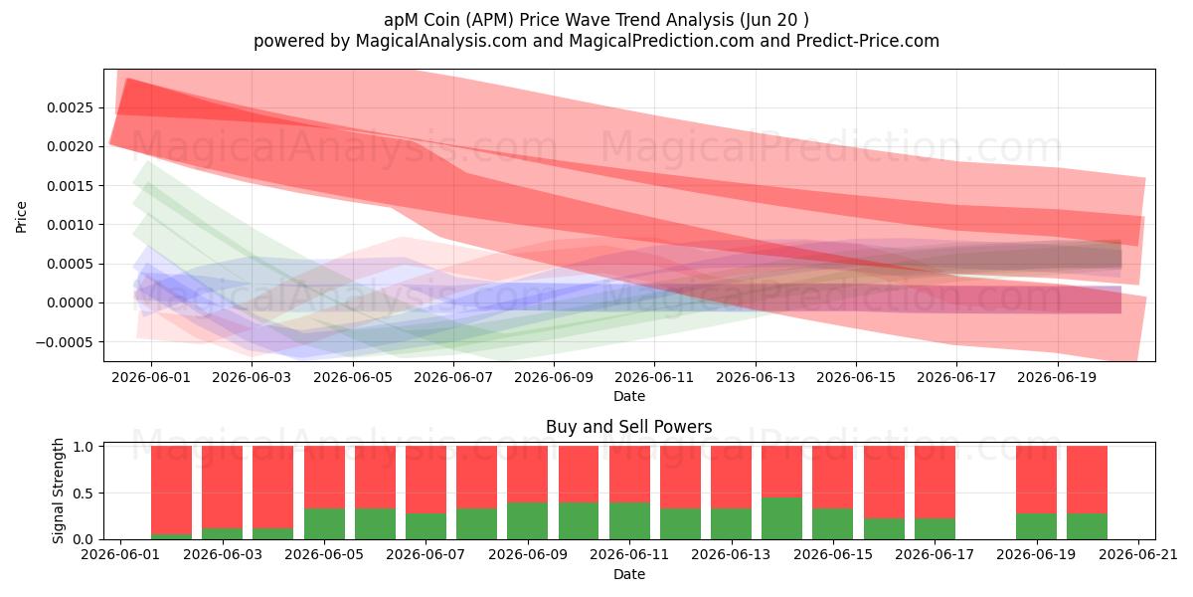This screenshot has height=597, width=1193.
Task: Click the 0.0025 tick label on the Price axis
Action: [70, 107]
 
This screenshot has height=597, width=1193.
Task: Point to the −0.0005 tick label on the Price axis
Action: [64, 342]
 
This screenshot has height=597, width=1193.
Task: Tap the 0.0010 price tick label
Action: [70, 225]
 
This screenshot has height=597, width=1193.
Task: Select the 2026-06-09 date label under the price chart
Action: [554, 377]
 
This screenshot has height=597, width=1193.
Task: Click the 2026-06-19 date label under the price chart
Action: [1057, 377]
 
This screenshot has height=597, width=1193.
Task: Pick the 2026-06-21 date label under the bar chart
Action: [1138, 554]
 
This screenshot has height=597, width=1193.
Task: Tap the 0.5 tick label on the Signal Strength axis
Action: [83, 494]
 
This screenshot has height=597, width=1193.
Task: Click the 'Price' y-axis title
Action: [21, 218]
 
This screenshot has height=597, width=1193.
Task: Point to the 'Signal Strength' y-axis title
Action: [58, 491]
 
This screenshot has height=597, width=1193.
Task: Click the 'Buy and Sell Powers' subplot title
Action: [629, 427]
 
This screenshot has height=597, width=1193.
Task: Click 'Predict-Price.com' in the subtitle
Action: [868, 41]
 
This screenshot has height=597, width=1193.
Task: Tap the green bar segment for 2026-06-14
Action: [781, 518]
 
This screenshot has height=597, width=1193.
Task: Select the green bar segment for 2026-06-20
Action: [1087, 526]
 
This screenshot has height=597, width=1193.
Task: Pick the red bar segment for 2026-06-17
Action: [935, 483]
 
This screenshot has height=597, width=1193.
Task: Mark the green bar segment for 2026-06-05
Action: [324, 524]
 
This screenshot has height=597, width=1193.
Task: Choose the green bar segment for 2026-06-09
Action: [527, 520]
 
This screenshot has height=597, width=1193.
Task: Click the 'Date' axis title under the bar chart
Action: [629, 574]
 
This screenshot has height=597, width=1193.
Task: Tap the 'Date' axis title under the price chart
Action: [629, 396]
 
